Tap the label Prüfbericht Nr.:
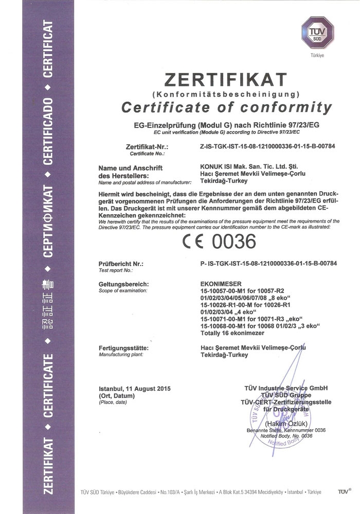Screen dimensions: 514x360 [x=120, y=264]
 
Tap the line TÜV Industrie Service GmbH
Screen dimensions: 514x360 [x=286, y=388]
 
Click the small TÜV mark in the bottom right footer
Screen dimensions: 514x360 [x=343, y=492]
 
